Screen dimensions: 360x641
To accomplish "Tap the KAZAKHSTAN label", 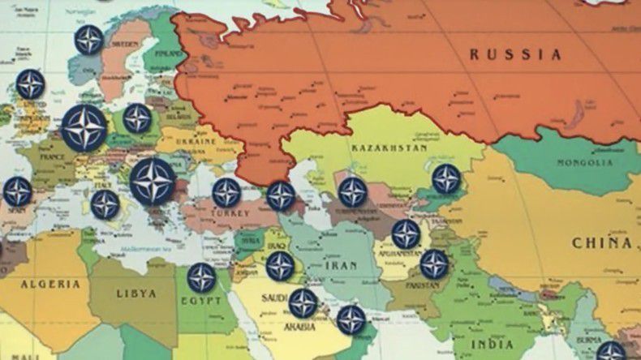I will (x=389, y=149).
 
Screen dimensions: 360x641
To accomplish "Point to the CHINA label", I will (x=601, y=242).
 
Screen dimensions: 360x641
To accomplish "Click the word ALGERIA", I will (x=50, y=284).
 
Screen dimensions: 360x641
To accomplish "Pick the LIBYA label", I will (x=136, y=292).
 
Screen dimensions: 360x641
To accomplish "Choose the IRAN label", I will (x=341, y=264).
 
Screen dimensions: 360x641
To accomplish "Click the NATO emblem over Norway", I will (x=88, y=40).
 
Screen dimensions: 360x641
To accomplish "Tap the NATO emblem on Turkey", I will (x=226, y=193).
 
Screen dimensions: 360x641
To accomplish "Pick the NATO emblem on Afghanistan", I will (x=406, y=234).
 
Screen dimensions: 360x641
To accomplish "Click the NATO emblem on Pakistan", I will (x=434, y=264).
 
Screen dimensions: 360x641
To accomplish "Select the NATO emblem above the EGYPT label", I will (x=201, y=278).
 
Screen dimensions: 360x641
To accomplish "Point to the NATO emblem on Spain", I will (x=17, y=191).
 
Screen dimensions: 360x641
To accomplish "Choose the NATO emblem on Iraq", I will (x=281, y=265).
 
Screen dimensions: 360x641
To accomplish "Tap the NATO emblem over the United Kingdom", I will (x=30, y=84).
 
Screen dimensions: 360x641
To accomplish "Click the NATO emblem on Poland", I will (x=137, y=118).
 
